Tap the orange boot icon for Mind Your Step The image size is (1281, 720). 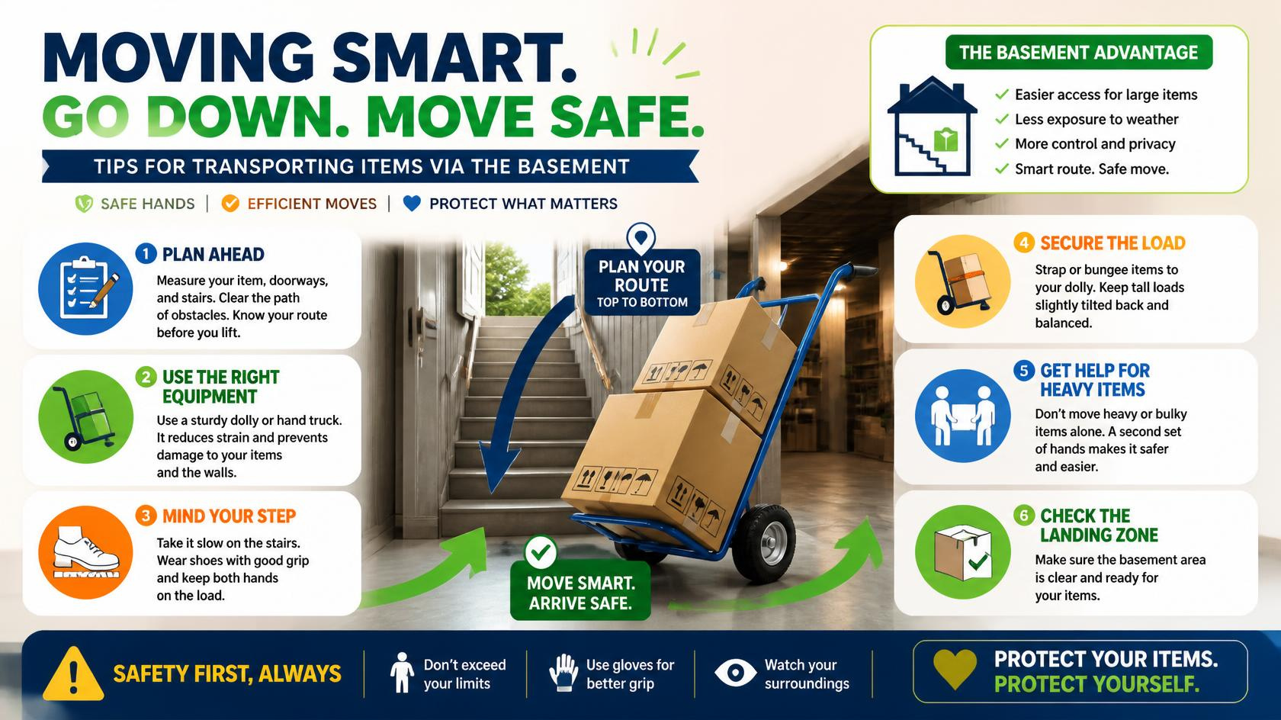click(85, 552)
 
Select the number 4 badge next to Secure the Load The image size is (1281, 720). click(1023, 243)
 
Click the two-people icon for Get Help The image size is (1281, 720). click(963, 416)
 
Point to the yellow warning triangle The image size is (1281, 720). click(73, 673)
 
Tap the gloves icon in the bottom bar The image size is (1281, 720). click(564, 673)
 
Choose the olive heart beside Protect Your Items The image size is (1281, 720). click(955, 669)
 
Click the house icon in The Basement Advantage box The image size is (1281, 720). click(932, 126)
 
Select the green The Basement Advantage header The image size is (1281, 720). click(1078, 53)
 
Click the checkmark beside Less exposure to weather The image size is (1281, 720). click(1001, 119)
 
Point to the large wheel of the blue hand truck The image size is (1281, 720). click(763, 543)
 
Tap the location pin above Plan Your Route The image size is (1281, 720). click(641, 238)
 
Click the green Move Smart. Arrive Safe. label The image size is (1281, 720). click(580, 592)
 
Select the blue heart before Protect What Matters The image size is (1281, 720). click(412, 203)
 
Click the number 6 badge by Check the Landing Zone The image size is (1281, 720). click(1023, 516)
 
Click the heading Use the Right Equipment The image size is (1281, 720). click(221, 387)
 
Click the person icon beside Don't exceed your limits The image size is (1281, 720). click(402, 673)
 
